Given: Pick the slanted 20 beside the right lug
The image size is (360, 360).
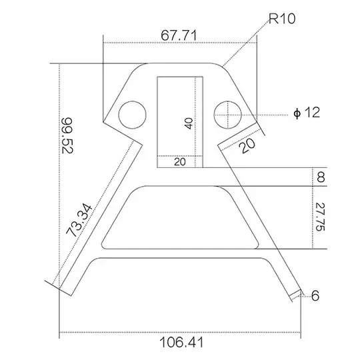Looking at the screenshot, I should click(247, 144).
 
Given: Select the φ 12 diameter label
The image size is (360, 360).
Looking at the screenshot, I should click(307, 112).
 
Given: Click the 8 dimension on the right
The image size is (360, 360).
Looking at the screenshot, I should click(321, 177).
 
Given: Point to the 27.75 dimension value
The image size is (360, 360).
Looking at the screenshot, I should click(321, 217).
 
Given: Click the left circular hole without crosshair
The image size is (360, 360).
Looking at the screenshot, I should click(132, 115).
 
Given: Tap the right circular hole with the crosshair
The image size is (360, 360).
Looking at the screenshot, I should click(227, 114).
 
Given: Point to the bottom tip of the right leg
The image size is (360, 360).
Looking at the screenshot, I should click(296, 297).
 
